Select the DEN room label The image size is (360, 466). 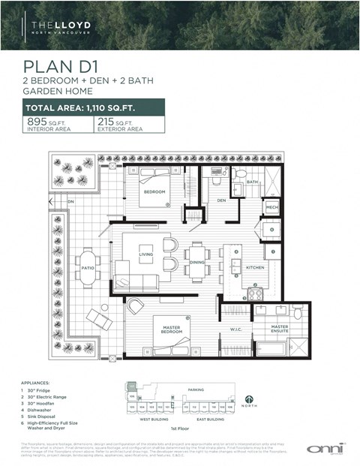(x=221, y=200)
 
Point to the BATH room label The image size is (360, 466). (x=253, y=182)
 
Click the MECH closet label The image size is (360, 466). (x=271, y=206)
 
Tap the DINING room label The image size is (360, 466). (x=196, y=262)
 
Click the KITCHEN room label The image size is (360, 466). (x=255, y=266)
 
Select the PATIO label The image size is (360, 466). (x=87, y=267)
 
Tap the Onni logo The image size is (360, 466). (x=325, y=447)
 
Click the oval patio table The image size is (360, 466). (x=86, y=267)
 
